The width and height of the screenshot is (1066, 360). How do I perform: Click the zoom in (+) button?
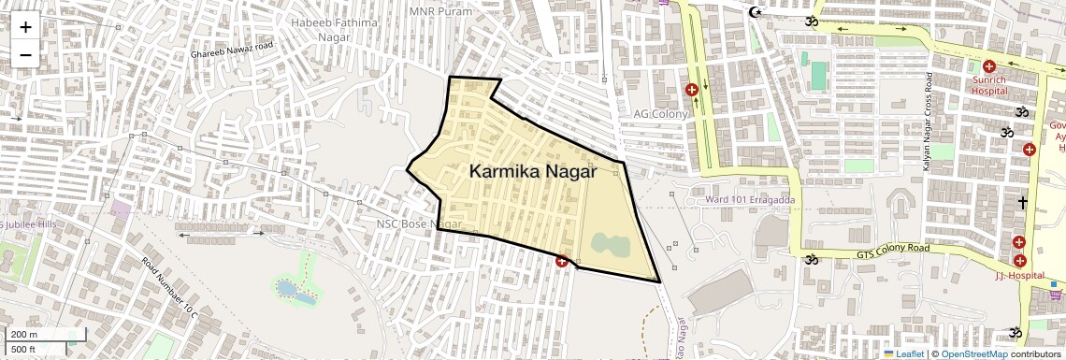coord(25,27)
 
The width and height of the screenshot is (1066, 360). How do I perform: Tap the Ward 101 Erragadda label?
coord(746,199)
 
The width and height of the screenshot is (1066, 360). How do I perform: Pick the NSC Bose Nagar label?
coord(420,224)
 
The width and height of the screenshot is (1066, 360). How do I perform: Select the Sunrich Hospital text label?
coord(988,86)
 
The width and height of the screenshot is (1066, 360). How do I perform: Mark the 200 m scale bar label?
coord(24,335)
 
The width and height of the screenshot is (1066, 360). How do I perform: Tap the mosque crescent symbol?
coord(756,12)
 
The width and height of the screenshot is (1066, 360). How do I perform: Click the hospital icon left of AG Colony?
coord(692,90)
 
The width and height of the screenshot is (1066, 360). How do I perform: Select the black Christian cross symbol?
coord(1023,202)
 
